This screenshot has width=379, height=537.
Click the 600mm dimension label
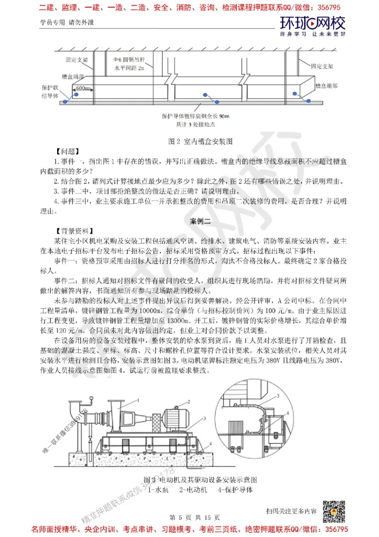tap(83, 88)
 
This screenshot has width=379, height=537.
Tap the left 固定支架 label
tap(75, 61)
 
